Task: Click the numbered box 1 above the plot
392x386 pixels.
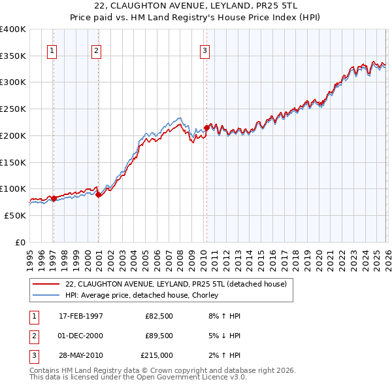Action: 52,50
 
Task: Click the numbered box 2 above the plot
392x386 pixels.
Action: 96,50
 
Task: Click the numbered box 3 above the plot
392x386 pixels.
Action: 204,50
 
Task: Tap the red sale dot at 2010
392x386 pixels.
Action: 206,128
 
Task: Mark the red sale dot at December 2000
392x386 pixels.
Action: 98,194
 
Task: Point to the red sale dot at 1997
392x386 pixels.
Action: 54,198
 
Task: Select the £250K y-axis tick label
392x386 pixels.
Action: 13,109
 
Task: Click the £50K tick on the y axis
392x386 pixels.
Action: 15,215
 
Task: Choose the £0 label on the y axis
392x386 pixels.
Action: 21,242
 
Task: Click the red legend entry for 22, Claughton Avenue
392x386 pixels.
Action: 176,284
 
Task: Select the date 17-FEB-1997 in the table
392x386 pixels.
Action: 81,316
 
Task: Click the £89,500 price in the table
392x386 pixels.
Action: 159,336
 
